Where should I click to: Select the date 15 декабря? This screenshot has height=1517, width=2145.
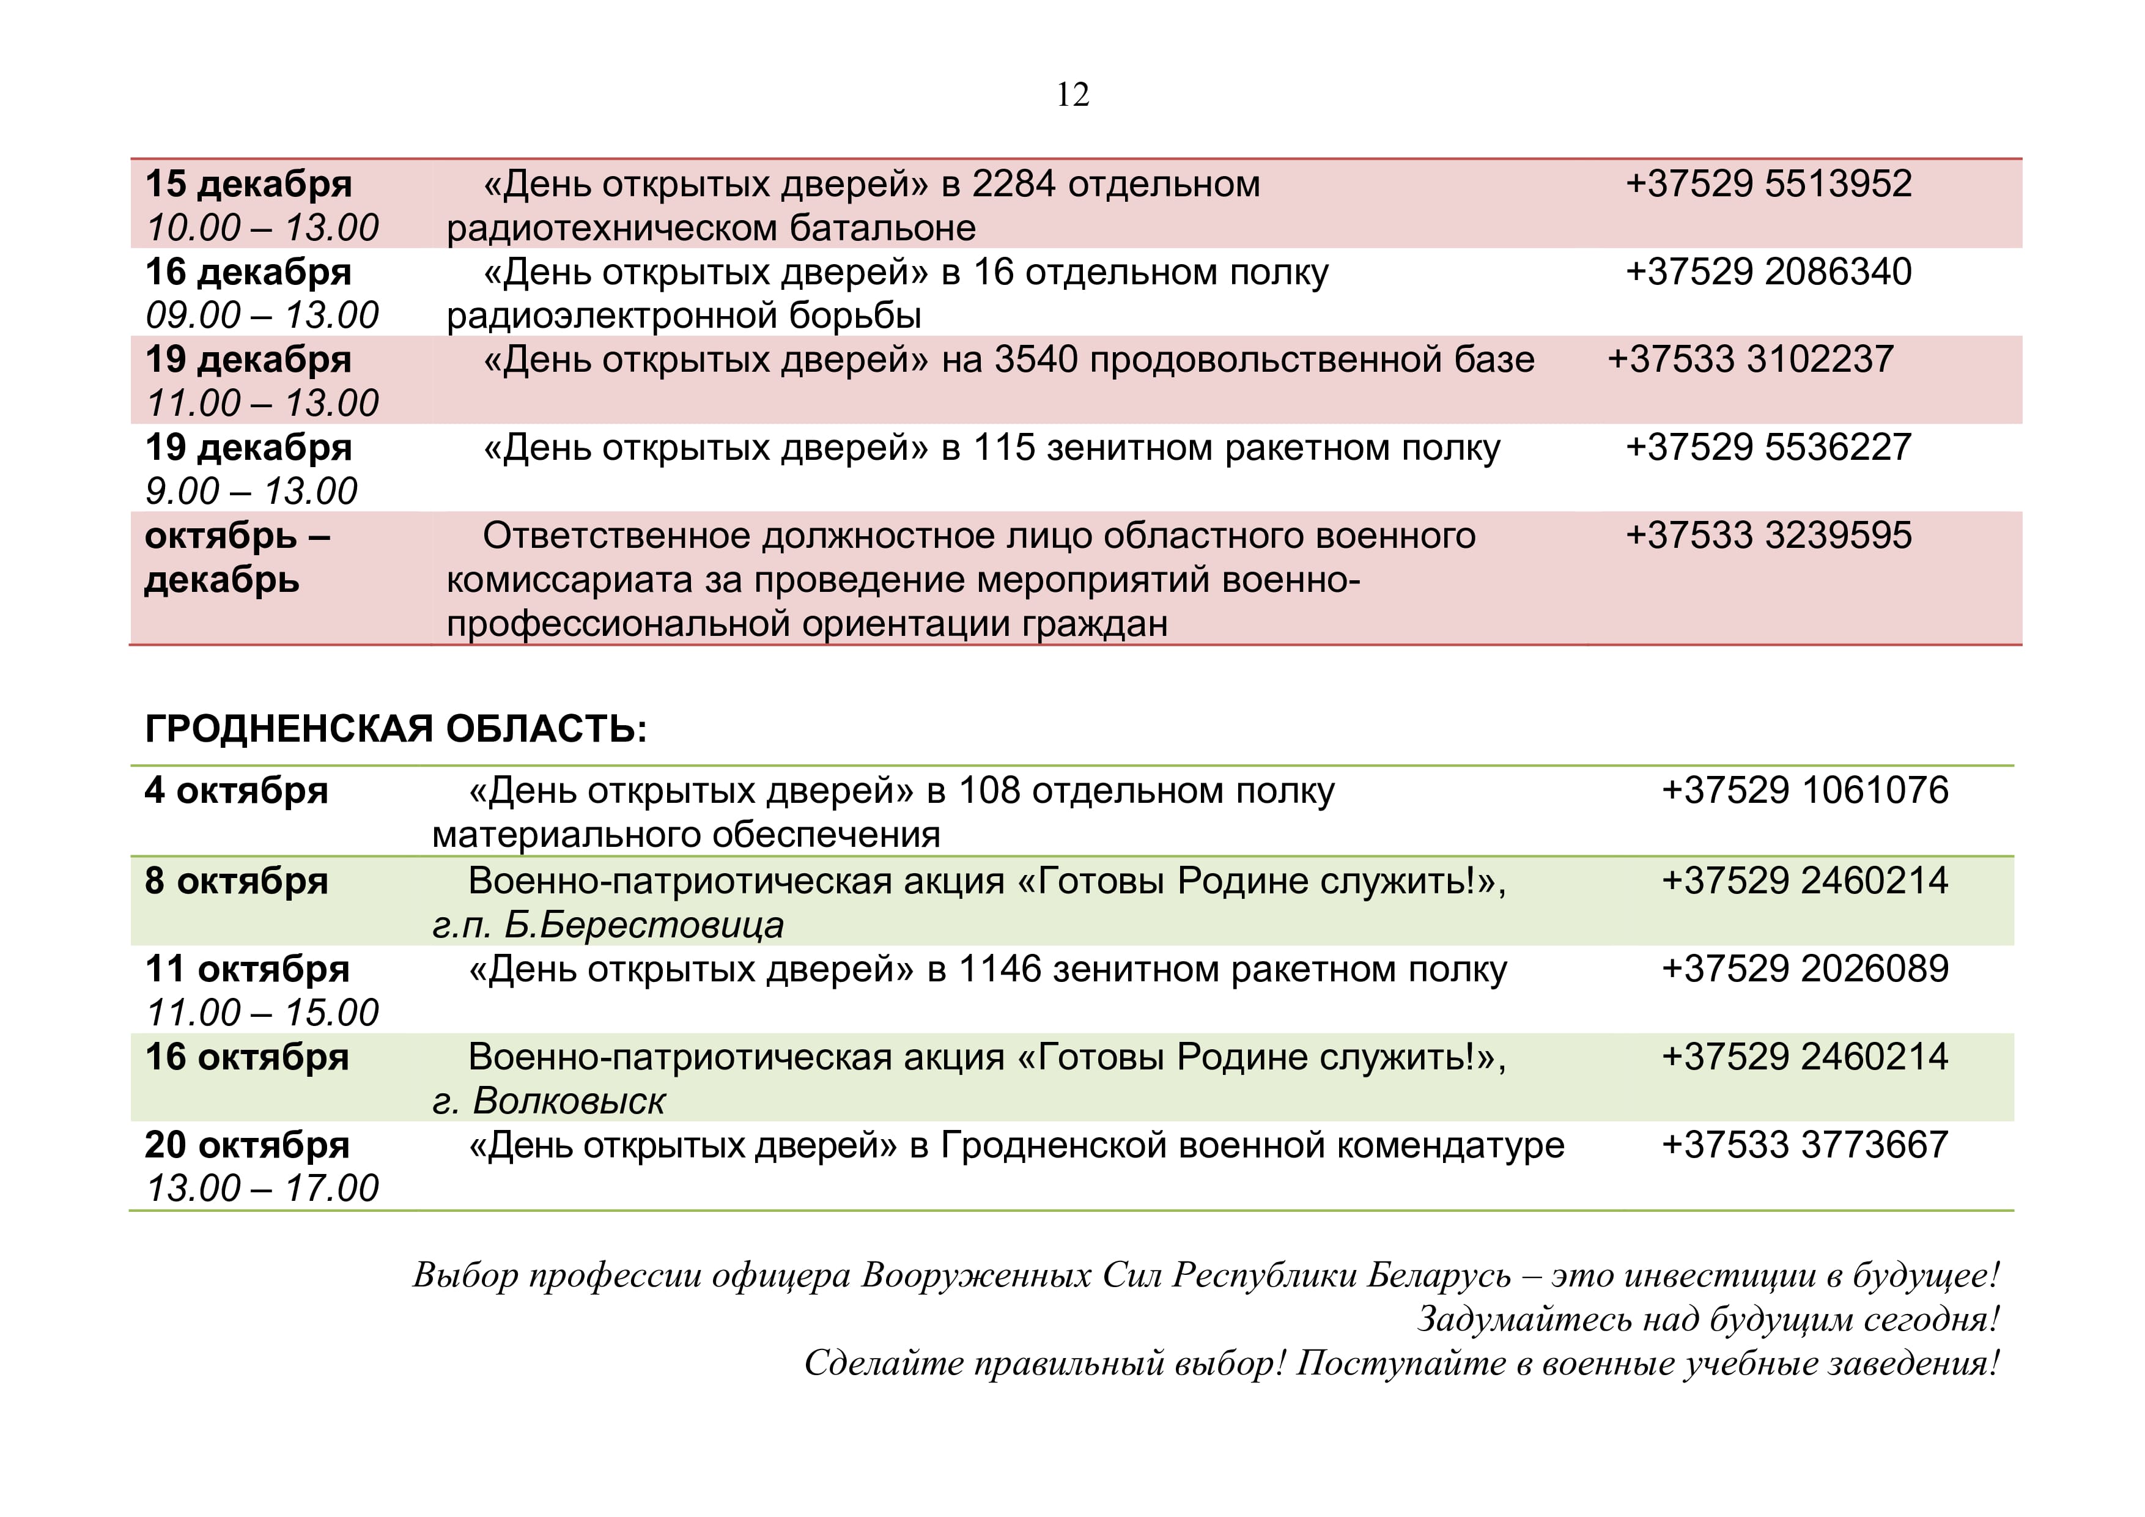point(248,184)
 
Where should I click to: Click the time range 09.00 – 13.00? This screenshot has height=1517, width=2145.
point(262,316)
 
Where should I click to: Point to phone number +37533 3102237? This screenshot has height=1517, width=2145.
point(1750,360)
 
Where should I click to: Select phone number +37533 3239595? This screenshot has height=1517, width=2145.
point(1768,536)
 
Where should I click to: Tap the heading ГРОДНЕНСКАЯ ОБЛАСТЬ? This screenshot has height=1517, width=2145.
point(395,729)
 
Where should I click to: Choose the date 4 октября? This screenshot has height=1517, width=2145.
point(237,791)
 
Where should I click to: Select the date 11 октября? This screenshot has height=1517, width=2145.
point(248,970)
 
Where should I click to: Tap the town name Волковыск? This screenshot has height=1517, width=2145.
point(568,1102)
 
